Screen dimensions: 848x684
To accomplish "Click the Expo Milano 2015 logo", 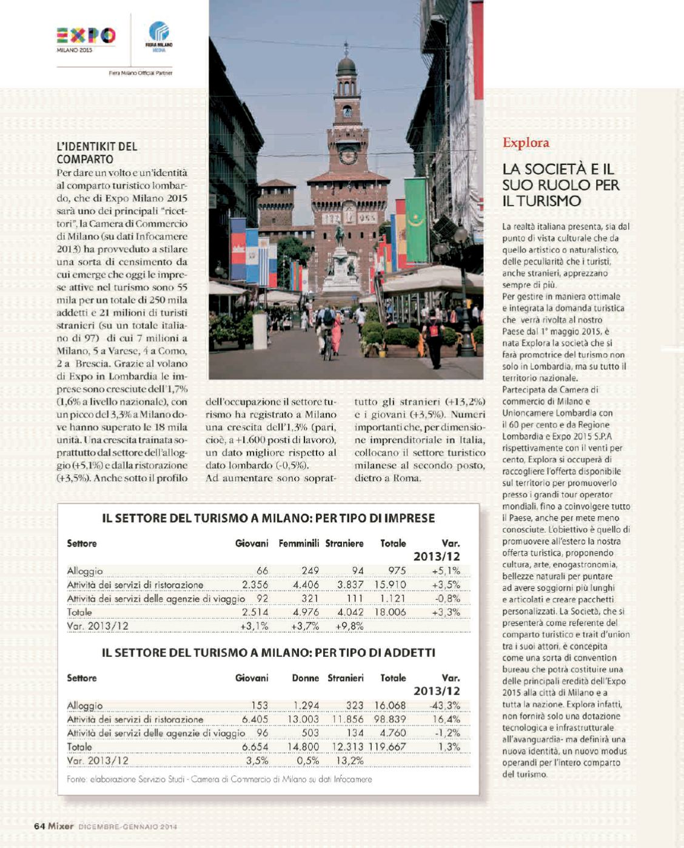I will pos(85,38).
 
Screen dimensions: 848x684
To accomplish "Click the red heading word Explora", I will pos(526,143).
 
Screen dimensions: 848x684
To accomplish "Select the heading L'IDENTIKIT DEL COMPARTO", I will pos(97,153).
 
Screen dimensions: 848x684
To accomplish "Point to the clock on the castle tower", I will pos(348,155).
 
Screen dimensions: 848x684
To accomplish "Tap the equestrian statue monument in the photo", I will pos(340,255).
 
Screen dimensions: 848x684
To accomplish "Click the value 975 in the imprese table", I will pos(397,571).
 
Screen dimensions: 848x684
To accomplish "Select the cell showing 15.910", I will pos(390,585).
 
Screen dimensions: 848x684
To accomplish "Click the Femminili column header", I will pos(298,543).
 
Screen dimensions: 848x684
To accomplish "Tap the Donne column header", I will pos(305,678).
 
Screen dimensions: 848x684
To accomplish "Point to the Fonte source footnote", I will pos(220,779).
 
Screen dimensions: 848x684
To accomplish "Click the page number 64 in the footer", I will pos(39,826).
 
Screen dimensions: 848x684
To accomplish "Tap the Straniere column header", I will pos(344,543).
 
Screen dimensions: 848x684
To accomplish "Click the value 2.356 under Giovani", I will pos(255,585).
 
